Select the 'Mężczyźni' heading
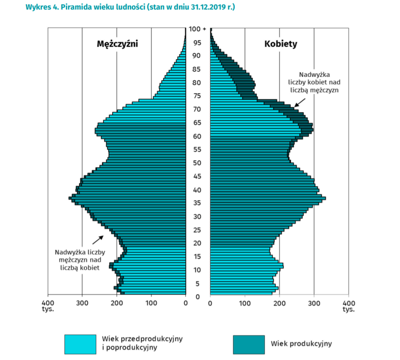click(x=117, y=44)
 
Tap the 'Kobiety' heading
click(x=281, y=44)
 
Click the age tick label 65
click(x=198, y=123)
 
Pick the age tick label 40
click(x=198, y=190)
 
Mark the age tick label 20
click(x=198, y=243)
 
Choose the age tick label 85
click(x=198, y=69)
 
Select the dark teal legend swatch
click(x=248, y=344)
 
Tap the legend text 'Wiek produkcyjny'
click(x=301, y=344)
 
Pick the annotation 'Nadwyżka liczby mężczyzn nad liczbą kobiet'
click(x=80, y=260)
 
